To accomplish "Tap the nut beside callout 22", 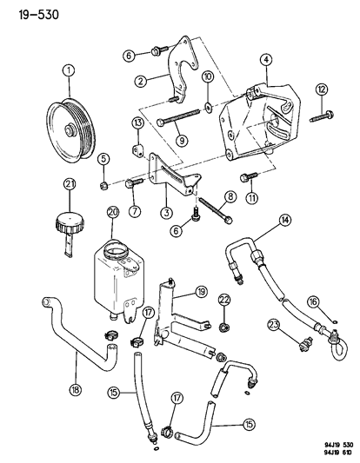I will [x=223, y=327].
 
